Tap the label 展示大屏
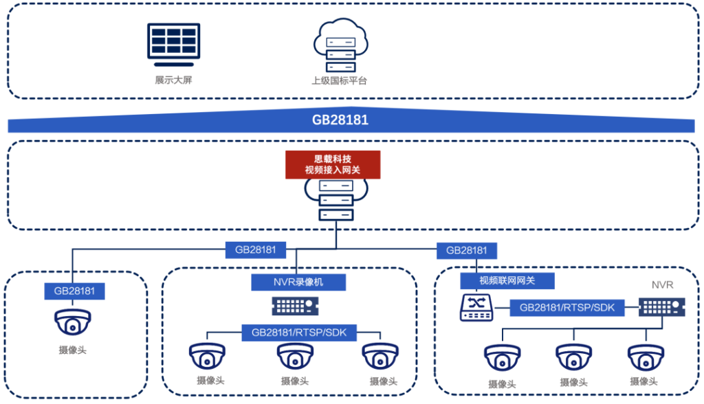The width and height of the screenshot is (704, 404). click(173, 80)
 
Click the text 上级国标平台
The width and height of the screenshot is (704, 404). click(339, 80)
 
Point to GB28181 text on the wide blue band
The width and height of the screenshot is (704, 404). click(340, 120)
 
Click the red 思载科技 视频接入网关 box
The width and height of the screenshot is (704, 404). click(333, 164)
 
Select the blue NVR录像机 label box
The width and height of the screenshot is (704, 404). click(298, 281)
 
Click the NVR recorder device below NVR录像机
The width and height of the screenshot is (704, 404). click(297, 305)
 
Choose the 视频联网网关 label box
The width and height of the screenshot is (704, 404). click(507, 280)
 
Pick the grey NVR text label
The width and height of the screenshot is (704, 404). click(662, 284)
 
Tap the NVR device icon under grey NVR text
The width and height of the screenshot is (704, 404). click(662, 307)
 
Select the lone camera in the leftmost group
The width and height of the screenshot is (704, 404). click(72, 323)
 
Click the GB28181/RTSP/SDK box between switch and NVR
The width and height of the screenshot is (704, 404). click(567, 308)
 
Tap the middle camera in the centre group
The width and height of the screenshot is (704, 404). click(295, 357)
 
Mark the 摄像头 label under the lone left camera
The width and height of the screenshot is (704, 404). click(72, 350)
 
